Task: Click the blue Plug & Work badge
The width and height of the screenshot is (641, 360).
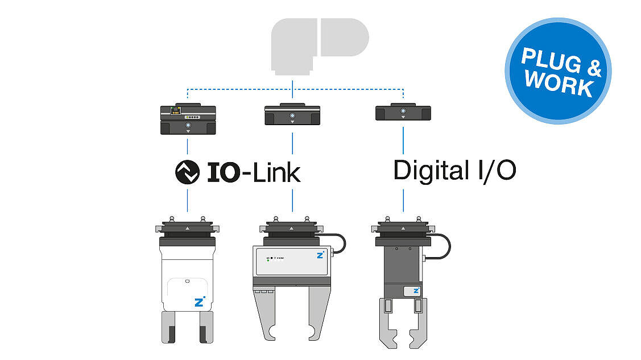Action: (558, 71)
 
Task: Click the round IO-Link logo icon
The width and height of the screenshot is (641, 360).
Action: (187, 172)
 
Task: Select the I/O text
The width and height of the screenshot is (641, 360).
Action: (497, 171)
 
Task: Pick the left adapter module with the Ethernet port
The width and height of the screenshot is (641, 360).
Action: (188, 118)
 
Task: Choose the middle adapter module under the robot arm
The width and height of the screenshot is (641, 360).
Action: (292, 114)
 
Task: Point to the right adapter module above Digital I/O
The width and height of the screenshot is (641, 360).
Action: (403, 111)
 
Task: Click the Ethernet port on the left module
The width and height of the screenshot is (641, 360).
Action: (176, 110)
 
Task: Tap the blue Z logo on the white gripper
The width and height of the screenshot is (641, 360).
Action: (199, 302)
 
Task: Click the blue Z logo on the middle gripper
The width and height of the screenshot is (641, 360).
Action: (320, 255)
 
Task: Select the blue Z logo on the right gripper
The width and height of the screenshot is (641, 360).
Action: (416, 291)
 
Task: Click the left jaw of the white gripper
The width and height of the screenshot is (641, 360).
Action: (168, 328)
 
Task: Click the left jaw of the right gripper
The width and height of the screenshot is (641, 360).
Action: (388, 323)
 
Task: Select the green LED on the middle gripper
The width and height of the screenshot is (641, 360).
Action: (268, 260)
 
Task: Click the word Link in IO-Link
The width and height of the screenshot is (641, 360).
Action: (277, 173)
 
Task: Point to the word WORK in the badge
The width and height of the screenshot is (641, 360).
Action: (559, 84)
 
